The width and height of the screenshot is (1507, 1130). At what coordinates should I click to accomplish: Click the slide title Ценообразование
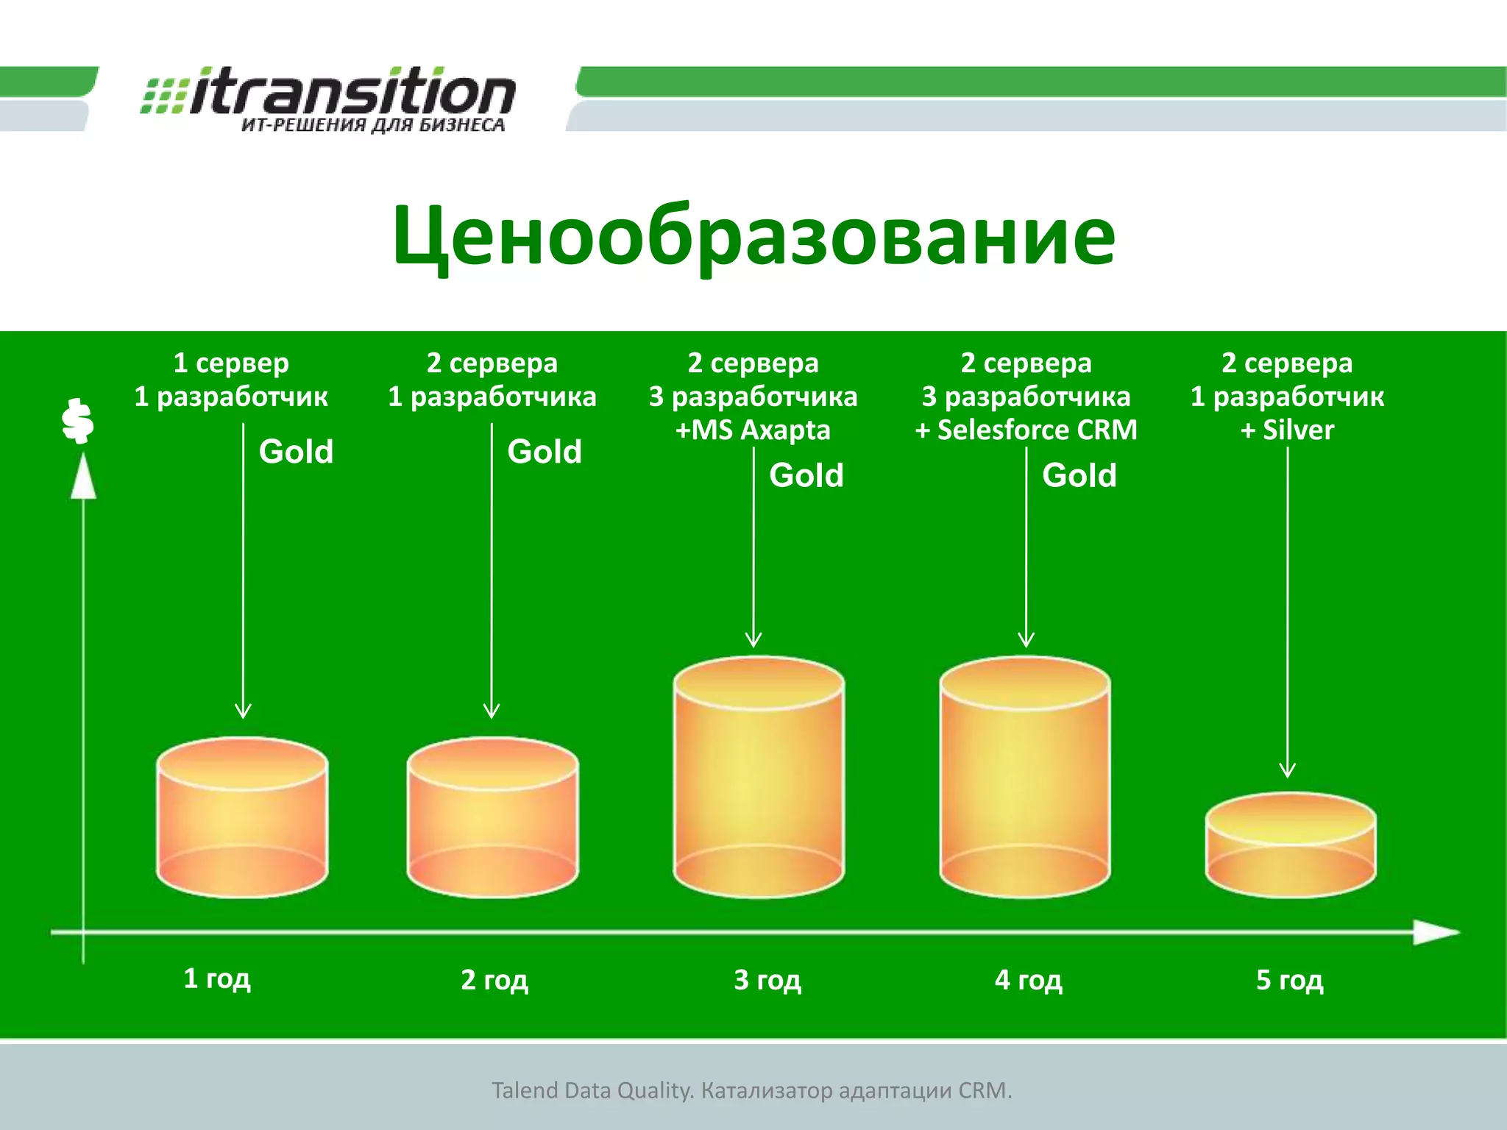pos(753,235)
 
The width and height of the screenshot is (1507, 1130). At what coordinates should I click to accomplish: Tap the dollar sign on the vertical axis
pos(77,421)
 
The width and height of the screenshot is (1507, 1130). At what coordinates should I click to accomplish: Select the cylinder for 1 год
pos(242,817)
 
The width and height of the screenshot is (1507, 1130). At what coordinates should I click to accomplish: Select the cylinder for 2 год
pos(492,817)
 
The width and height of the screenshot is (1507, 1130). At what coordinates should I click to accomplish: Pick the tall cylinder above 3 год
pos(759,776)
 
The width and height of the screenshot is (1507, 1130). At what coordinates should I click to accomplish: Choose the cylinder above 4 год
pos(1025,776)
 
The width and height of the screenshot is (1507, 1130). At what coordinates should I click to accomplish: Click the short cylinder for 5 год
pos(1290,845)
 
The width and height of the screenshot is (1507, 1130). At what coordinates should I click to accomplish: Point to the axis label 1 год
pos(217,978)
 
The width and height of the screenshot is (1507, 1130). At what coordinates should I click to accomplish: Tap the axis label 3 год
pos(767,980)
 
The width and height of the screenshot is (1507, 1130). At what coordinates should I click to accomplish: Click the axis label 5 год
pos(1289,980)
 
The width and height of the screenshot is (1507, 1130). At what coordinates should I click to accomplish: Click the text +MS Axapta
pos(753,430)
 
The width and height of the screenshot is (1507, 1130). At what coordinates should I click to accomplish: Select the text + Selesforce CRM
pos(1026,430)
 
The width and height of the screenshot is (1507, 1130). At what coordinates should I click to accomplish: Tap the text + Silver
pos(1287,430)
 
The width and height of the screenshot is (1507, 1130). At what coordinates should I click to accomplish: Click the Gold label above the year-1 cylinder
pos(296,452)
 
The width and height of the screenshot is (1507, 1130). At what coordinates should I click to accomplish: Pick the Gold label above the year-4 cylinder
pos(1079,475)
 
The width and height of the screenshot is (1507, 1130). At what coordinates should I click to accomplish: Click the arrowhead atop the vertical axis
pos(83,477)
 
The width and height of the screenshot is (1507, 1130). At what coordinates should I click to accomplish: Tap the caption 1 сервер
pos(231,363)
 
